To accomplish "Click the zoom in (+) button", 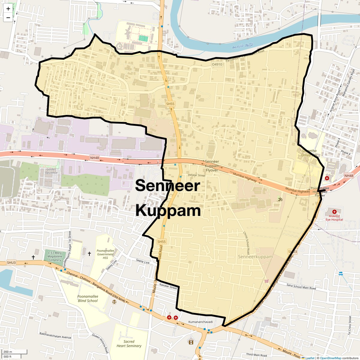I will tap(8, 9).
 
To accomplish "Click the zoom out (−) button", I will tap(8, 18).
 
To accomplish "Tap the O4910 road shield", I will tap(217, 64).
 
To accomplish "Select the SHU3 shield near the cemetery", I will tap(11, 262).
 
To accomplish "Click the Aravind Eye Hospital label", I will tap(334, 217).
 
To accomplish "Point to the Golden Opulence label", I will tap(51, 171).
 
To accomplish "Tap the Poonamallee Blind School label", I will tap(88, 298).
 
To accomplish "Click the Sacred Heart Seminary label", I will tap(129, 343).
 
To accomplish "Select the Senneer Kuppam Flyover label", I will tap(212, 166).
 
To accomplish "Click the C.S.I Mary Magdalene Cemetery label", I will tap(55, 256).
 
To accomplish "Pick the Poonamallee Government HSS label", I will tap(105, 254).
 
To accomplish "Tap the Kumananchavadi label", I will tap(200, 322).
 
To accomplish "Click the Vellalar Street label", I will tap(196, 175).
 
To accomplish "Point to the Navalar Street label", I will tap(168, 286).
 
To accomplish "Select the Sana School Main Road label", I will tap(301, 287).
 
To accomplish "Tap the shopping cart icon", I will tap(266, 281).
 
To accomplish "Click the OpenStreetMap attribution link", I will tap(331, 358).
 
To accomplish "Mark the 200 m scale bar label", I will tap(8, 352).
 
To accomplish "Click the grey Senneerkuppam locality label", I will tap(255, 257).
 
